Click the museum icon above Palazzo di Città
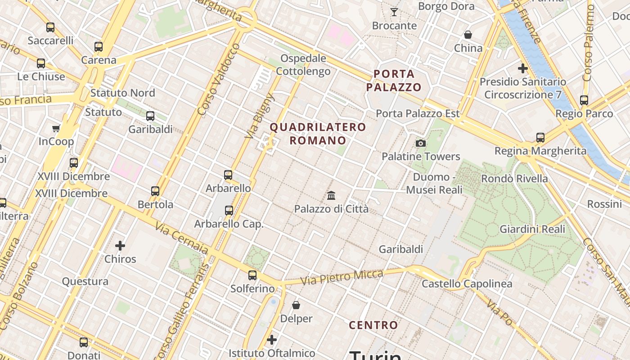(332, 195)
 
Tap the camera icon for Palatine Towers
(421, 143)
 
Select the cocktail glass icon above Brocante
(394, 12)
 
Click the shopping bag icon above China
(468, 35)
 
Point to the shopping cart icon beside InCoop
(56, 129)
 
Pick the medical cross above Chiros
(120, 246)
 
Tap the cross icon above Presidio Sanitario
(522, 69)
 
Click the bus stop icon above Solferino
(252, 275)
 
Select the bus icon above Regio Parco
(584, 100)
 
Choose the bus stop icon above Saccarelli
(50, 27)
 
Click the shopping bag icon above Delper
(296, 305)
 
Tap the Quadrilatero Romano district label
(318, 134)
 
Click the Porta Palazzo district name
(393, 81)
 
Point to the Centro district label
(373, 325)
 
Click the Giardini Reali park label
(532, 229)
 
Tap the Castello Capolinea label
(467, 283)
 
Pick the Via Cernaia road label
(182, 238)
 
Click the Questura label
(85, 282)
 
